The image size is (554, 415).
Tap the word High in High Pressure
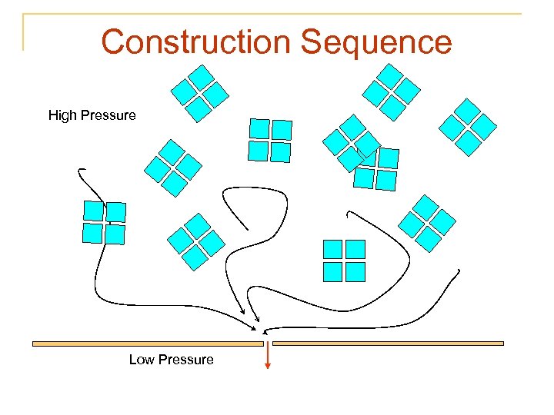tap(62, 115)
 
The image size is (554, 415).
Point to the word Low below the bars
tap(142, 360)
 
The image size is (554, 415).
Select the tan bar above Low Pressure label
tap(147, 344)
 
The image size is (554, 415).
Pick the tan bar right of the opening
tap(388, 344)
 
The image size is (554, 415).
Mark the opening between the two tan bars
tap(268, 344)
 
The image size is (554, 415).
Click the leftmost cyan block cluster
tap(104, 223)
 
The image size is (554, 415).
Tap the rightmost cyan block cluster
tap(468, 126)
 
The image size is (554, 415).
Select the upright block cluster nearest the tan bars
tap(344, 261)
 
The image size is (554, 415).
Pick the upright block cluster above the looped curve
tap(270, 140)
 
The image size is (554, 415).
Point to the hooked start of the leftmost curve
tap(81, 170)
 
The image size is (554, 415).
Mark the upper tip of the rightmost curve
tap(459, 271)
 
